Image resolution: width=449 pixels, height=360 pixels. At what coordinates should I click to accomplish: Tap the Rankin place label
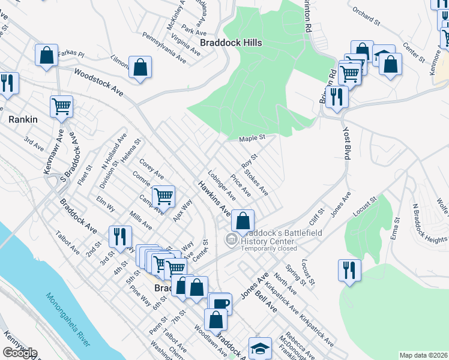coord(23,119)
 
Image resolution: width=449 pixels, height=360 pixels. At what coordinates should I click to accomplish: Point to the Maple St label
coord(252,139)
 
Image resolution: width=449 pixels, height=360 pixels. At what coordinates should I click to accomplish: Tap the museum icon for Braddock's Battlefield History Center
coord(230,239)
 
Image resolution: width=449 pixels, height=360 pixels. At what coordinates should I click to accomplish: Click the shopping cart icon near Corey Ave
coord(163,195)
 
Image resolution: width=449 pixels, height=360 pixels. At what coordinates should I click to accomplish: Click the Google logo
coord(20,353)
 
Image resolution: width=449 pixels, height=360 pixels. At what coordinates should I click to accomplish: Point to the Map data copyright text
coord(423,355)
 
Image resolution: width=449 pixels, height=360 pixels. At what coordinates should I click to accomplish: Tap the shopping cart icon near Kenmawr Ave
coord(62,106)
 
